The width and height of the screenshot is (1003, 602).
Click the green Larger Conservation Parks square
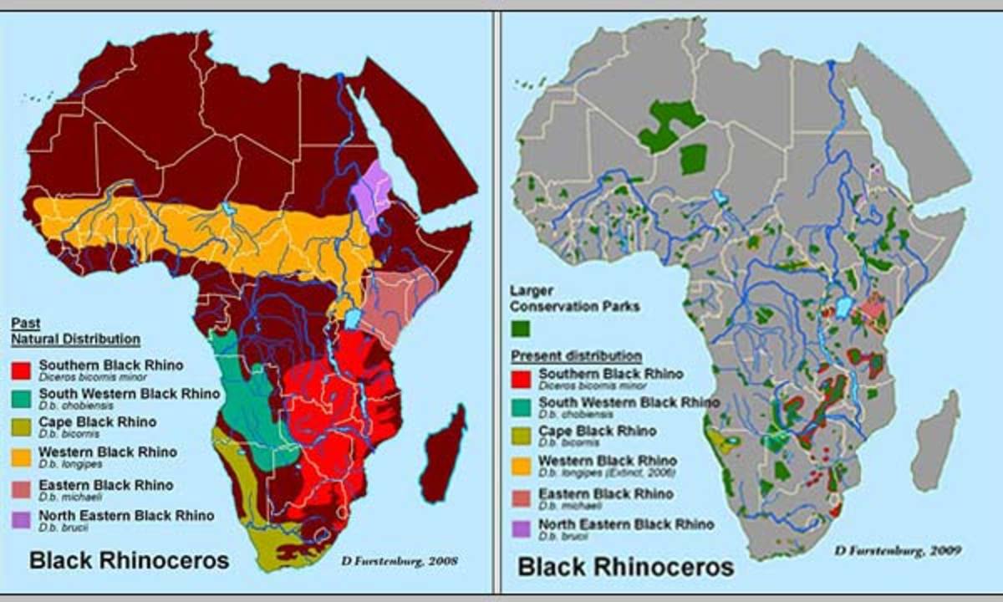click(x=522, y=329)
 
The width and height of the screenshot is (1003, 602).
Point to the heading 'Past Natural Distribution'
click(x=74, y=331)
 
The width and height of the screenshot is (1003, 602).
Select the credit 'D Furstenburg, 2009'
click(x=897, y=551)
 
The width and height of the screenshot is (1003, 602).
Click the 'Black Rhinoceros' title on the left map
click(x=129, y=560)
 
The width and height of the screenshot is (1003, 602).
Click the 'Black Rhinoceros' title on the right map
click(x=625, y=567)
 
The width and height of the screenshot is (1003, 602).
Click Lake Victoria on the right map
click(x=843, y=307)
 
